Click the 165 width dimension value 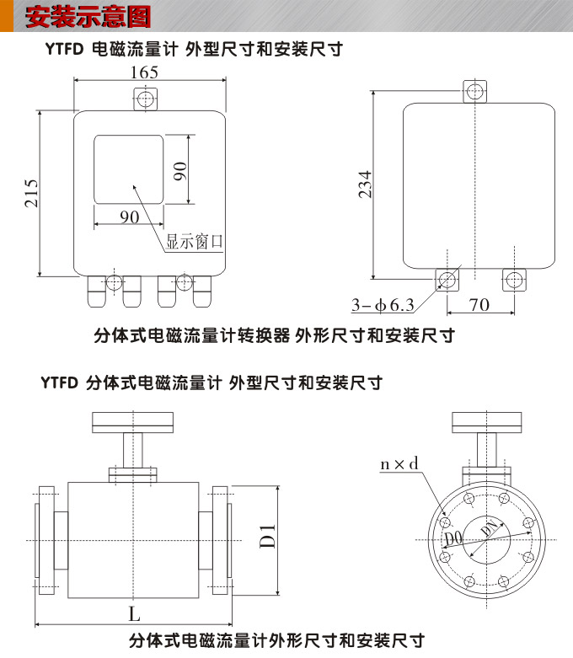click(144, 72)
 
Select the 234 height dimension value click(365, 185)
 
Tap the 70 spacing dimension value click(479, 304)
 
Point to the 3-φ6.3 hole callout click(382, 304)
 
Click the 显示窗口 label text click(194, 242)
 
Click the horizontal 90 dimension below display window click(129, 217)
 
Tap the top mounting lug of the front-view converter click(146, 99)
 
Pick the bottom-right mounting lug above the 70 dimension click(514, 281)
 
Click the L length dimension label click(135, 613)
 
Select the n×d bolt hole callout click(399, 463)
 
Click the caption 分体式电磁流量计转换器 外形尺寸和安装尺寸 click(273, 335)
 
